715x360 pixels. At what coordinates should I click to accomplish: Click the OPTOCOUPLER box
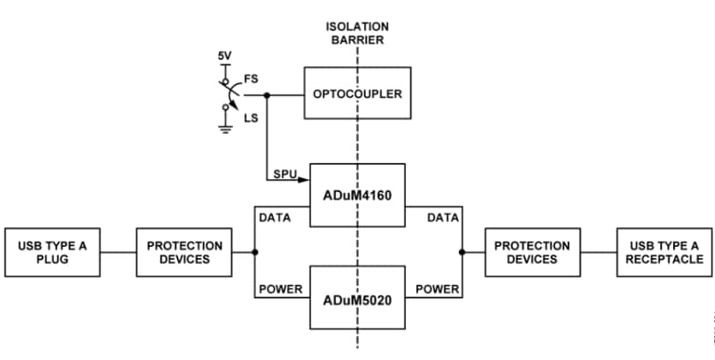pyautogui.click(x=357, y=93)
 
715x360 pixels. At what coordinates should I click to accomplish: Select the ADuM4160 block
pyautogui.click(x=357, y=195)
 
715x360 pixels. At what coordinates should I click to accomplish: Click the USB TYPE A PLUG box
pyautogui.click(x=52, y=252)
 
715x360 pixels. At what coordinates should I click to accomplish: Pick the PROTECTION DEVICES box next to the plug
pyautogui.click(x=184, y=252)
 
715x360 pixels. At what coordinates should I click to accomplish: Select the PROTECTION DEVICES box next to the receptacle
pyautogui.click(x=532, y=252)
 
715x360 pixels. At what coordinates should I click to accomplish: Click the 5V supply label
pyautogui.click(x=225, y=57)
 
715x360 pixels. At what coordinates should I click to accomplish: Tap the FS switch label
pyautogui.click(x=251, y=78)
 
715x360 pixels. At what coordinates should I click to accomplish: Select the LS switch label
pyautogui.click(x=251, y=117)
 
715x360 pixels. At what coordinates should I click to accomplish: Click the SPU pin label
pyautogui.click(x=284, y=174)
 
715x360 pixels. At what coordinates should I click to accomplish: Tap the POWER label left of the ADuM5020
pyautogui.click(x=280, y=289)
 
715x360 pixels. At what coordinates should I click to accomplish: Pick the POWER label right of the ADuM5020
pyautogui.click(x=437, y=289)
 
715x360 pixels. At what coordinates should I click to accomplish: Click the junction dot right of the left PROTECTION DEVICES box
pyautogui.click(x=254, y=252)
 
